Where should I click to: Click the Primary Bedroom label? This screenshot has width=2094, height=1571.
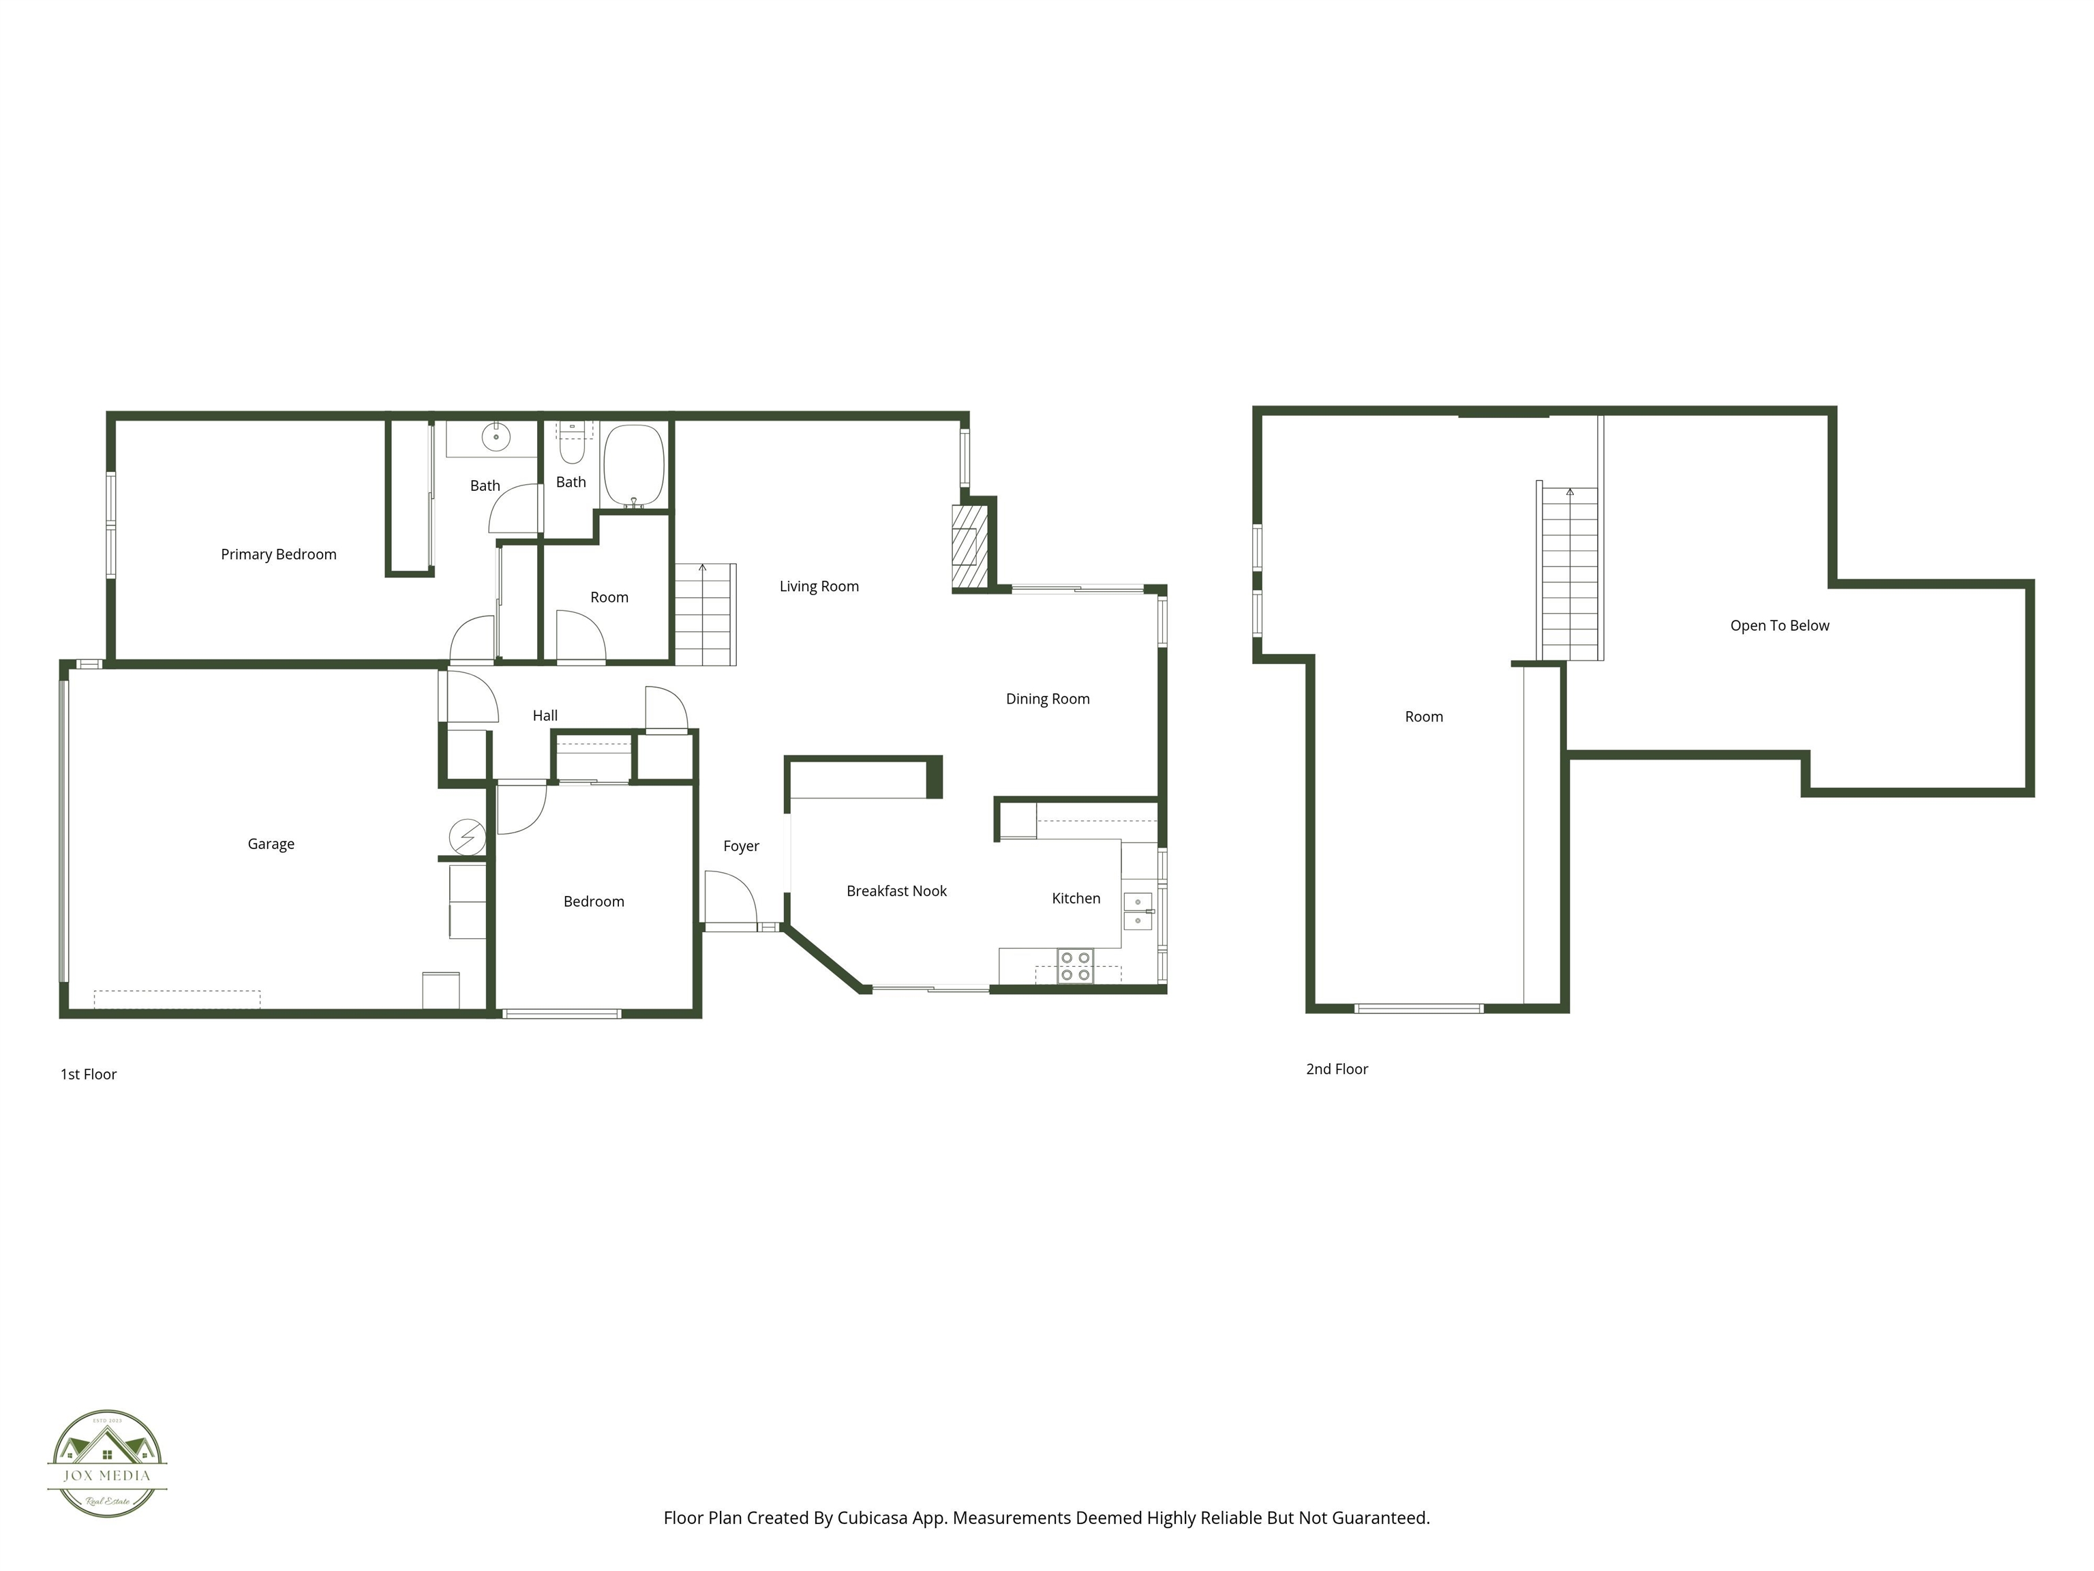pyautogui.click(x=278, y=554)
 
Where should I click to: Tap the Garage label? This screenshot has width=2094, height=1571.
pyautogui.click(x=271, y=843)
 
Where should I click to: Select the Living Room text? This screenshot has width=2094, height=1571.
pyautogui.click(x=819, y=586)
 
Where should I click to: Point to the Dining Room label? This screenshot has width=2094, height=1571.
pyautogui.click(x=1047, y=699)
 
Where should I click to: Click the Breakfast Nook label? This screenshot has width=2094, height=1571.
pyautogui.click(x=896, y=891)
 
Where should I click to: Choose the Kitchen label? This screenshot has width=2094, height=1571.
pyautogui.click(x=1076, y=899)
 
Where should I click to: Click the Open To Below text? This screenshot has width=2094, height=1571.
pyautogui.click(x=1779, y=626)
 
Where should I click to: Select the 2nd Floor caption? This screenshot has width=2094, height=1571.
pyautogui.click(x=1336, y=1069)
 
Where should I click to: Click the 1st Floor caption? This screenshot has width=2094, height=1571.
pyautogui.click(x=88, y=1074)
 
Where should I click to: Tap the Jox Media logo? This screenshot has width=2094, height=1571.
pyautogui.click(x=107, y=1463)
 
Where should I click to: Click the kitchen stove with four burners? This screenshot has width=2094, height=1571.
pyautogui.click(x=1074, y=966)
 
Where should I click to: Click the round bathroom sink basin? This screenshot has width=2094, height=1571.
pyautogui.click(x=495, y=438)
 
